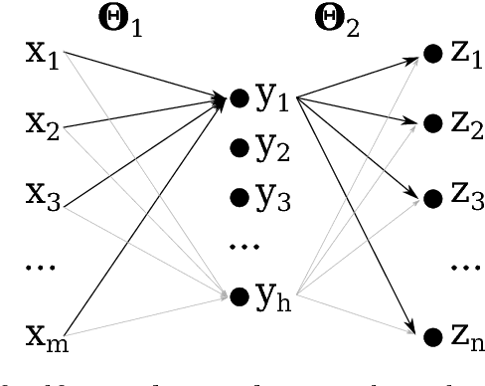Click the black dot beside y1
point(239,98)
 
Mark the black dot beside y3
point(239,196)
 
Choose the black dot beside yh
point(239,295)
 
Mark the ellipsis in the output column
point(458,267)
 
